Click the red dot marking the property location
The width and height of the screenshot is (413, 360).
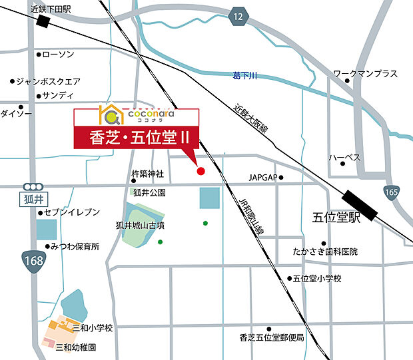(x=201, y=171)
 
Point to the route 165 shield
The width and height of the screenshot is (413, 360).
(x=391, y=192)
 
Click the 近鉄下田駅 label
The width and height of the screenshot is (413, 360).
(x=51, y=9)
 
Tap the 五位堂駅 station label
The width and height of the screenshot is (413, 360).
(x=336, y=218)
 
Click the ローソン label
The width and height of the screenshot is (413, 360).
(x=59, y=54)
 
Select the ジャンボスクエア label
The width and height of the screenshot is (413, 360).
(x=49, y=81)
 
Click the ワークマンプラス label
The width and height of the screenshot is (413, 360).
(x=365, y=73)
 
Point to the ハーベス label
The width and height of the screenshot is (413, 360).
(x=344, y=158)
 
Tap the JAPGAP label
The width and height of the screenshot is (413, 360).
(x=262, y=178)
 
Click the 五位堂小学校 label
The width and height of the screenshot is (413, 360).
(x=316, y=278)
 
